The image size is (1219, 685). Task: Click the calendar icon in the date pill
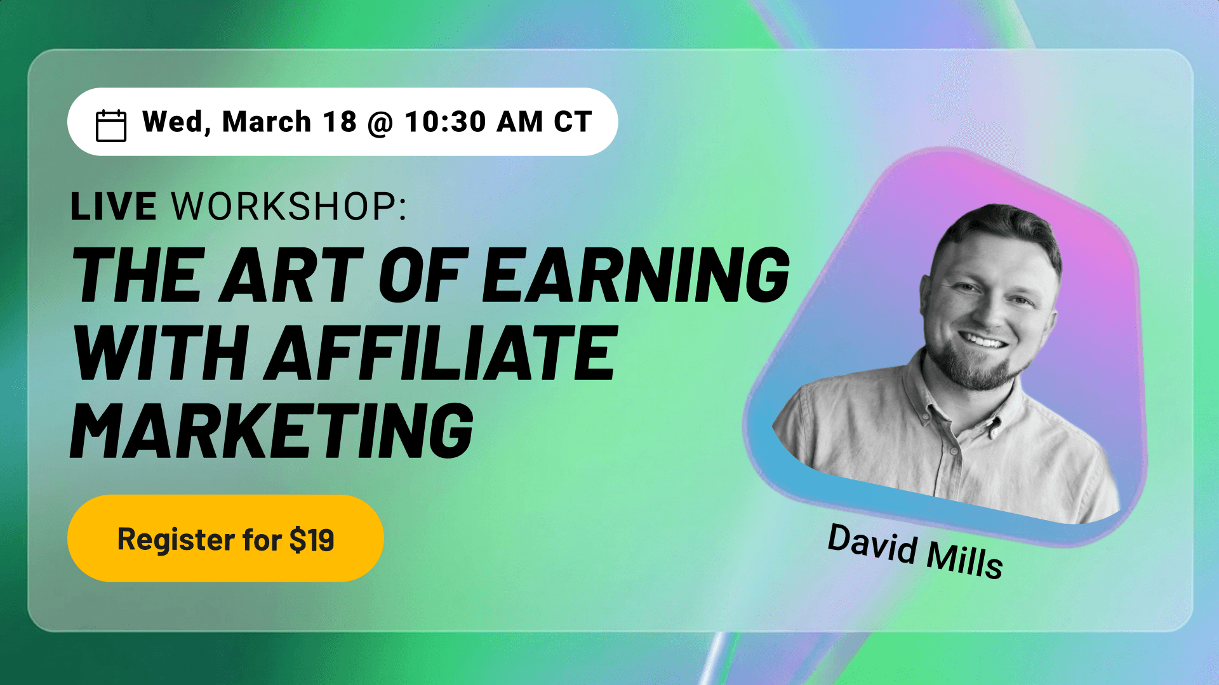pos(111,125)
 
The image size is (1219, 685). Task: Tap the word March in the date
pos(267,122)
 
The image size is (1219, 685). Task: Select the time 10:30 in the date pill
pos(446,122)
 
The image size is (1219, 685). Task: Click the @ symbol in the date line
pos(380,123)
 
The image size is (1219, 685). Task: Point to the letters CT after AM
pos(573,122)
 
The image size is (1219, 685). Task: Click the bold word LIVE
pos(114,207)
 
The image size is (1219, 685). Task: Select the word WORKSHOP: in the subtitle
pos(290,207)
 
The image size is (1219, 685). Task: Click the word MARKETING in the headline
pos(272,431)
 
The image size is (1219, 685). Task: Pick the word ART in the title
pos(291,275)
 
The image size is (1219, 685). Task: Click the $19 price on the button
pos(312,540)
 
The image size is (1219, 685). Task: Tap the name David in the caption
pos(872,543)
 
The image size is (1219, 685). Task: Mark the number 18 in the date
pos(340,122)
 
